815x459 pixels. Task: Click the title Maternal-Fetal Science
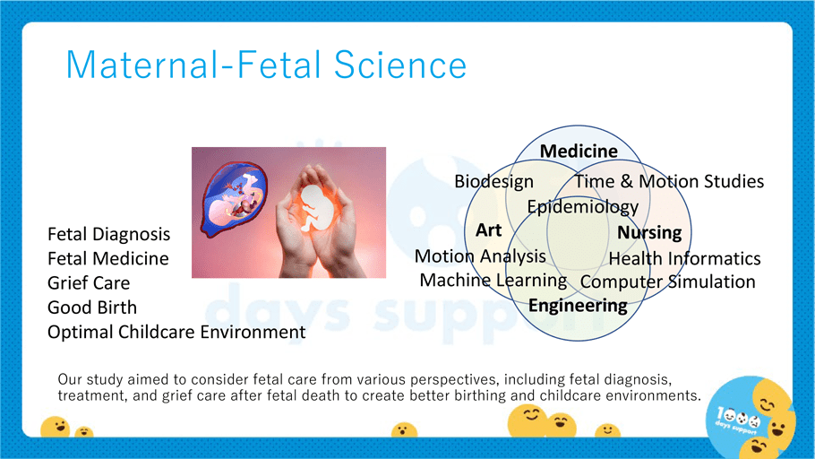pos(266,65)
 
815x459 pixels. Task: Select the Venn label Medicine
pos(579,151)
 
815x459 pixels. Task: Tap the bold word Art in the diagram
pos(489,229)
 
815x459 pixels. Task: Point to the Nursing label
pos(649,232)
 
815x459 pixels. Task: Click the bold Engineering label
pos(578,306)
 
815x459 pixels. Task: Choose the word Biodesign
pos(493,181)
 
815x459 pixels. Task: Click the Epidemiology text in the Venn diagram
pos(583,207)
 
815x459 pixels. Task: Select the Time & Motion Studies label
pos(669,181)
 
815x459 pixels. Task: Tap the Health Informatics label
pos(684,258)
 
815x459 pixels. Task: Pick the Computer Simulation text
pos(667,281)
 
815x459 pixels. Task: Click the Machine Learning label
pos(493,280)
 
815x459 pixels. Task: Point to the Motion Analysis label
pos(480,256)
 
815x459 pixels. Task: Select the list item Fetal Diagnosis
pos(108,234)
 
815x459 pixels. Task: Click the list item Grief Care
pos(89,283)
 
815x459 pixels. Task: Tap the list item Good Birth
pos(92,307)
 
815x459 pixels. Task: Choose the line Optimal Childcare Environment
pos(176,332)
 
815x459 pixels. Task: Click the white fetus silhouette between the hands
pos(316,208)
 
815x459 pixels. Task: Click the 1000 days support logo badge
pos(750,417)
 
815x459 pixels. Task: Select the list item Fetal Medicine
pos(108,259)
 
